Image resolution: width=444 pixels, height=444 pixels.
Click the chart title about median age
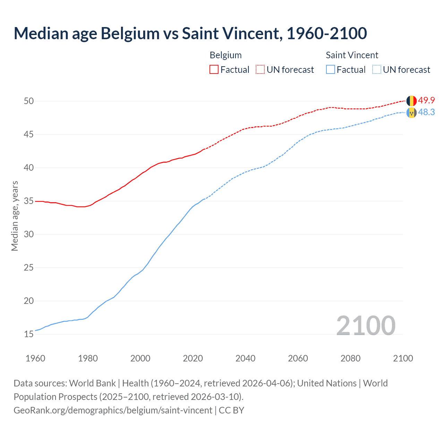(190, 33)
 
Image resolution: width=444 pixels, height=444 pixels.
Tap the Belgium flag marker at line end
(411, 101)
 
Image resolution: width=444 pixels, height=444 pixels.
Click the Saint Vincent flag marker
(411, 113)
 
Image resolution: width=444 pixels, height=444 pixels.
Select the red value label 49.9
(426, 100)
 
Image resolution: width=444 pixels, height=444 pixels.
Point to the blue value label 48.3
(426, 112)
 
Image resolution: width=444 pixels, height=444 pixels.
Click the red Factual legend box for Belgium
(214, 69)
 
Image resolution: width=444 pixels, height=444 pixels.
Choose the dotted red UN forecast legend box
(260, 69)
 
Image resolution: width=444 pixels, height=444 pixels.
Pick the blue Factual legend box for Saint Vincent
(331, 69)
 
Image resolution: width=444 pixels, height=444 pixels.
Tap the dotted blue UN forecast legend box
(377, 69)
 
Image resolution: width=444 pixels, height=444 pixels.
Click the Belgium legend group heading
(225, 55)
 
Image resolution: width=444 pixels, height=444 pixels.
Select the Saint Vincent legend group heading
(352, 55)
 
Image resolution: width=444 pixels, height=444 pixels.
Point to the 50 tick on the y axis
(29, 101)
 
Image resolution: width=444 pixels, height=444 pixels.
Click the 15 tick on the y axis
(29, 334)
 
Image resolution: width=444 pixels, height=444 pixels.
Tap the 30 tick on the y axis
(29, 234)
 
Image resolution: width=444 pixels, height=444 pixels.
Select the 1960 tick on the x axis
(35, 358)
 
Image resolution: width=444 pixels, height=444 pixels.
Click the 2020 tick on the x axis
(193, 358)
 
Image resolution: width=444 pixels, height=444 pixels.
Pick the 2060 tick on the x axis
(298, 358)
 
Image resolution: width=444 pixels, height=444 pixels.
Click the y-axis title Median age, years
(15, 216)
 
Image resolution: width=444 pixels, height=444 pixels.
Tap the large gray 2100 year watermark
(366, 325)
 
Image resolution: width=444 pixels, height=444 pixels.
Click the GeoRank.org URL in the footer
(113, 410)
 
